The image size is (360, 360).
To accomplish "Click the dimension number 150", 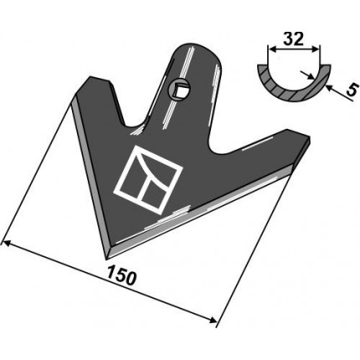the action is point(121,275).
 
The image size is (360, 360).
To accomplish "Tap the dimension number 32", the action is point(293,39).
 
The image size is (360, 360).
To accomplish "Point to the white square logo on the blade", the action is point(148,181).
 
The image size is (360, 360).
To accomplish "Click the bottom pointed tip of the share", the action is point(107,259).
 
